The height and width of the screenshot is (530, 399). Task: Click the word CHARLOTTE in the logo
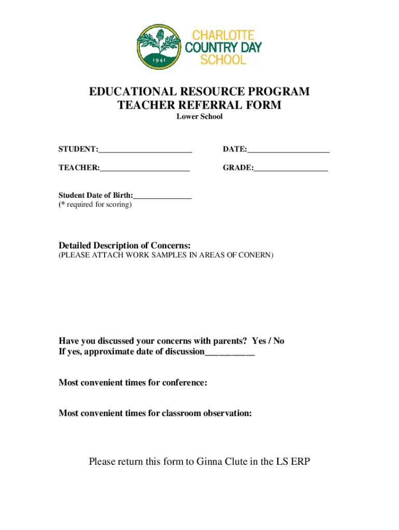223,36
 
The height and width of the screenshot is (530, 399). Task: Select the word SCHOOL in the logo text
223,60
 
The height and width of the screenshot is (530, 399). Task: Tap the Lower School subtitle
199,116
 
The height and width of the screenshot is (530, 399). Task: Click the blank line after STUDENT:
145,150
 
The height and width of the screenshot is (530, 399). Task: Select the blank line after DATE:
288,150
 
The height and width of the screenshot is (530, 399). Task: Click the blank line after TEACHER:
145,168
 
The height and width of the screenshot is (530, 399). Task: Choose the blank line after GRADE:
291,168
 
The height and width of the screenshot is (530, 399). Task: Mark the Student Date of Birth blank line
162,196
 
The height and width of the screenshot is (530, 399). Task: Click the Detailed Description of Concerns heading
124,245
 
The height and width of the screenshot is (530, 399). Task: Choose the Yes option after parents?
259,341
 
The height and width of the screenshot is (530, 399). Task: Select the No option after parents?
279,341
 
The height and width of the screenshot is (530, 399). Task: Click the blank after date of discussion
230,353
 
